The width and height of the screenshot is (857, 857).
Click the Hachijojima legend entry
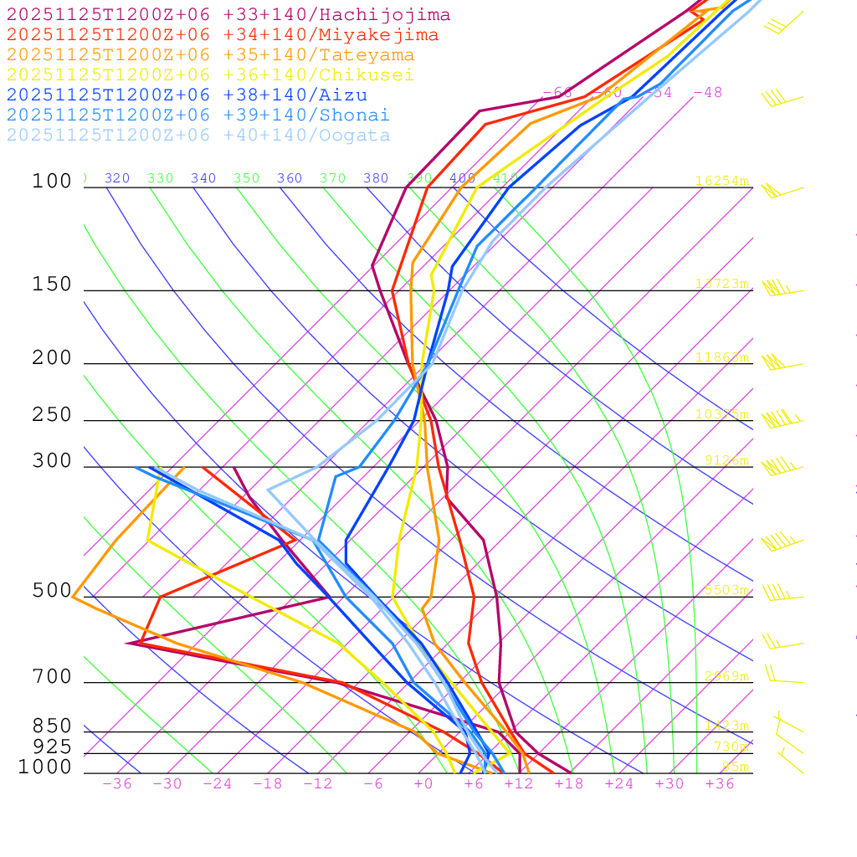click(x=228, y=15)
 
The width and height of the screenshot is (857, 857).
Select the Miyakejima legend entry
click(x=222, y=35)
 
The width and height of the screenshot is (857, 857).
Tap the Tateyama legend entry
click(x=210, y=55)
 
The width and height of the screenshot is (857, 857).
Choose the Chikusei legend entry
click(x=209, y=75)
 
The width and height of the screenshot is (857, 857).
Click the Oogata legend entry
click(x=198, y=135)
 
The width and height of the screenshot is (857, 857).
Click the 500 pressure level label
click(x=52, y=591)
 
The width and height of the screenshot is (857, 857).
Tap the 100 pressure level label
click(x=52, y=181)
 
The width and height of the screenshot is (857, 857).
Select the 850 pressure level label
click(x=52, y=726)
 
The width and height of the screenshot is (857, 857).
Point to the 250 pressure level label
click(x=52, y=415)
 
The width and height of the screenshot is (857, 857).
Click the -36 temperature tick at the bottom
click(x=116, y=784)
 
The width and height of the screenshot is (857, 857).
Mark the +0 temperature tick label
click(x=423, y=784)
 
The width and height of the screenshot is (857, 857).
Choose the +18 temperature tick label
click(x=568, y=784)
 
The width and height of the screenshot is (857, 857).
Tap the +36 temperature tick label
click(x=719, y=784)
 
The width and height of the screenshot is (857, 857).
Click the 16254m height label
click(x=721, y=181)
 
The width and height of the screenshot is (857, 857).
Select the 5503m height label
click(x=726, y=590)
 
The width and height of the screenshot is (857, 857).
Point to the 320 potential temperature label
click(x=117, y=178)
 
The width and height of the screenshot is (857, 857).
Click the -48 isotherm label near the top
click(x=707, y=93)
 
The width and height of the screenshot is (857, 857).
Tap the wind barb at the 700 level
click(x=783, y=676)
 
